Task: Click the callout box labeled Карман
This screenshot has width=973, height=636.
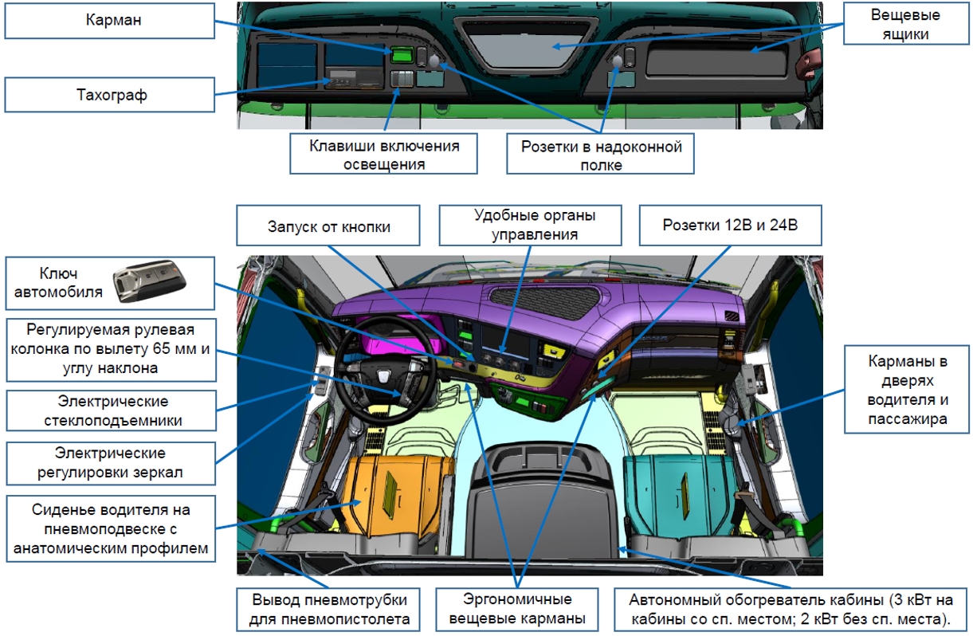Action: pyautogui.click(x=109, y=20)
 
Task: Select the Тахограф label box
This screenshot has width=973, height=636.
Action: pyautogui.click(x=109, y=95)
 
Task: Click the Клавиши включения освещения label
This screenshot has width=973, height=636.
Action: pyautogui.click(x=383, y=155)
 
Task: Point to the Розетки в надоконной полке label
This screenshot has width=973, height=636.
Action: pyautogui.click(x=601, y=155)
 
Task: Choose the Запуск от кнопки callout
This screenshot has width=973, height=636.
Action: pyautogui.click(x=328, y=226)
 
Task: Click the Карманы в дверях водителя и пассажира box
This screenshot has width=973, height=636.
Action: pyautogui.click(x=907, y=390)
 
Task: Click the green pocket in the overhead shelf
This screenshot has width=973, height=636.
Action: pyautogui.click(x=401, y=54)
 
